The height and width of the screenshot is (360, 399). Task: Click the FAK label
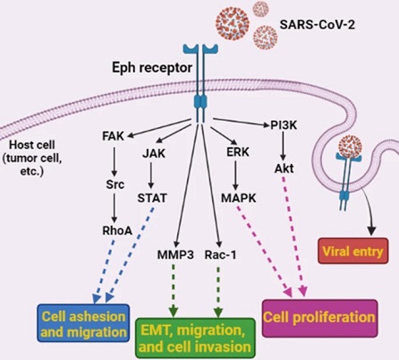113,136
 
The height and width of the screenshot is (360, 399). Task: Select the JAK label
154,153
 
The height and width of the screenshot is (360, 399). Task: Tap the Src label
115,184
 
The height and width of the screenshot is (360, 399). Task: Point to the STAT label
152,198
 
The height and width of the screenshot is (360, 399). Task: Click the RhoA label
117,230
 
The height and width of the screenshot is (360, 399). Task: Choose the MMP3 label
175,255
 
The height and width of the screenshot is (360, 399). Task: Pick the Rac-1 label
220,255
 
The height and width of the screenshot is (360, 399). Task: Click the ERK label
238,152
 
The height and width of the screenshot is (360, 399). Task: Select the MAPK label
239,198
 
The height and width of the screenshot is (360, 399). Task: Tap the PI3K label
284,125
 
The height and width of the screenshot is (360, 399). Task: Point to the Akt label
284,168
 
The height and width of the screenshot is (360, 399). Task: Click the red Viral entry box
353,251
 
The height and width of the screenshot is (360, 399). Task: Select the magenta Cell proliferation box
319,318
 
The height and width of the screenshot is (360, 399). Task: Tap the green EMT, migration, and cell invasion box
195,338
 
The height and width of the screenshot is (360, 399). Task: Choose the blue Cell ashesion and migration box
83,323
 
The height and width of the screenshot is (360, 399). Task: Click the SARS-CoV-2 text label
318,25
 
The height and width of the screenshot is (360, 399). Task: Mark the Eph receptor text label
152,68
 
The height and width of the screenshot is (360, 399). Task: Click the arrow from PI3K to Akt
284,146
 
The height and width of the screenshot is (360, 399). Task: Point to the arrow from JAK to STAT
151,176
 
